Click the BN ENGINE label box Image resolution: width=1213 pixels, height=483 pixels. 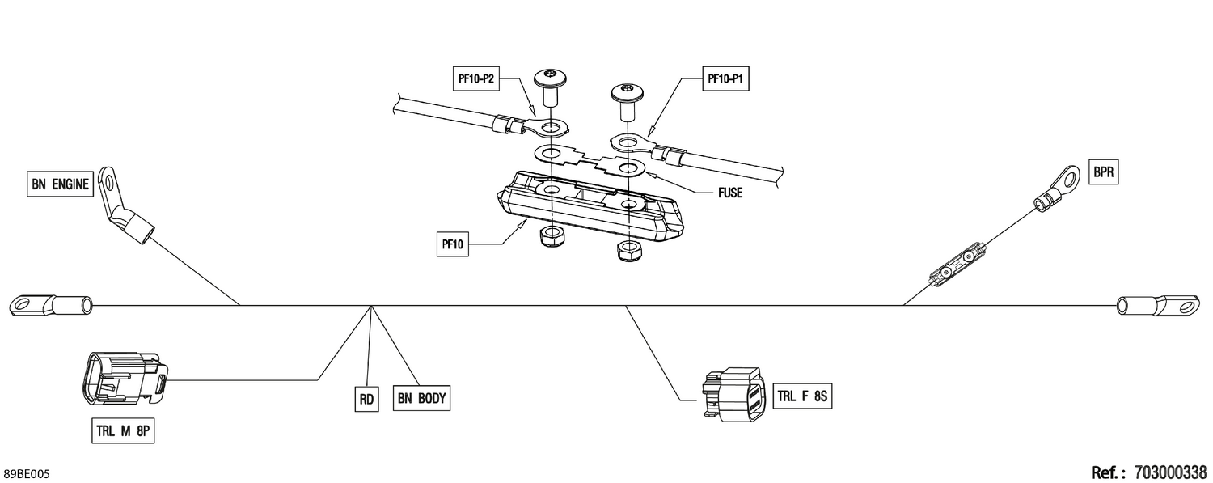[60, 184]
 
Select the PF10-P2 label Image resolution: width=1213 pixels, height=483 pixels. [476, 79]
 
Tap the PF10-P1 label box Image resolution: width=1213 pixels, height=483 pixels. [725, 79]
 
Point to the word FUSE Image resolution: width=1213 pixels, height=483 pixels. [730, 193]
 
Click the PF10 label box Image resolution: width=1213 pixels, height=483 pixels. [453, 244]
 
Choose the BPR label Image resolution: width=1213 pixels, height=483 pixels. [1103, 172]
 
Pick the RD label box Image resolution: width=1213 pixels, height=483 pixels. [366, 399]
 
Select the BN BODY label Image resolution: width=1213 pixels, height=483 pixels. [421, 398]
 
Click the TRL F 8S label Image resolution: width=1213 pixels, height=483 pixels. [802, 396]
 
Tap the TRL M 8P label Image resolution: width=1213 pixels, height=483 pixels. [123, 431]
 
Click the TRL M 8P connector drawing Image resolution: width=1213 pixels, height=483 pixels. [124, 379]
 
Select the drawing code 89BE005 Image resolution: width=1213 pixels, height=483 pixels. [26, 474]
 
